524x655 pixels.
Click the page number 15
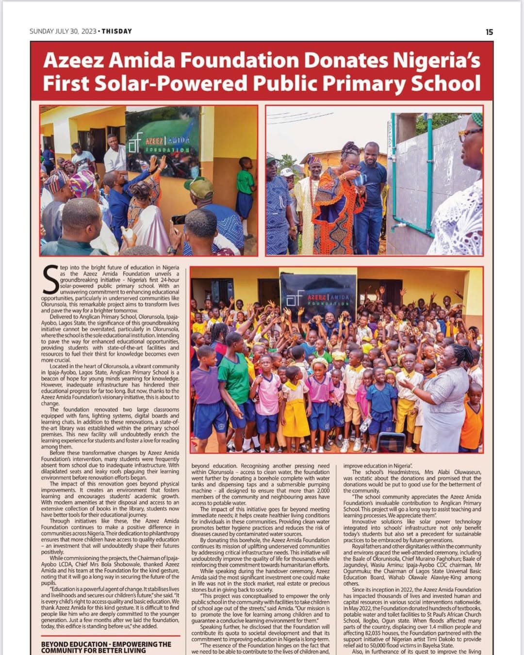pos(489,32)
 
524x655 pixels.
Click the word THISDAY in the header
pos(116,32)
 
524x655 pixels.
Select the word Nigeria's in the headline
pos(436,60)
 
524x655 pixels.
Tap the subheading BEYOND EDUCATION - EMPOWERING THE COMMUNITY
pos(106,647)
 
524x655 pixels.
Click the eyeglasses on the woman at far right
pos(470,132)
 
